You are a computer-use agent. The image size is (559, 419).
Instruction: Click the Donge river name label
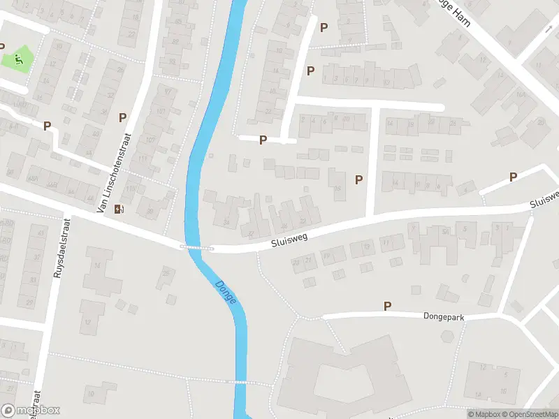(226, 291)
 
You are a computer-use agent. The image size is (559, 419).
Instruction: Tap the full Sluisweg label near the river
(289, 239)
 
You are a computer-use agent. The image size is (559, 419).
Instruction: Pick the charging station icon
(120, 208)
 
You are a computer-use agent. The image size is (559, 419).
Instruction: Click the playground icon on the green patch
(19, 59)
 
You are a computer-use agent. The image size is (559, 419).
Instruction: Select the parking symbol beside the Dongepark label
(387, 306)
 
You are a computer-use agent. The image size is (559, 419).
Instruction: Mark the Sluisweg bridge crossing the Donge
(196, 247)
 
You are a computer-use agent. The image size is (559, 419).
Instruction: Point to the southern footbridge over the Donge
(240, 382)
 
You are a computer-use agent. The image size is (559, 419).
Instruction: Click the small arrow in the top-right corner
(549, 30)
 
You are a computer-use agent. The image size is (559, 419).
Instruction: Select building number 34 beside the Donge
(226, 223)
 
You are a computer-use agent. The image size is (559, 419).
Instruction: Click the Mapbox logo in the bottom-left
(31, 411)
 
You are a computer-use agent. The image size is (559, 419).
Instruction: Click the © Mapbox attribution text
(484, 414)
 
